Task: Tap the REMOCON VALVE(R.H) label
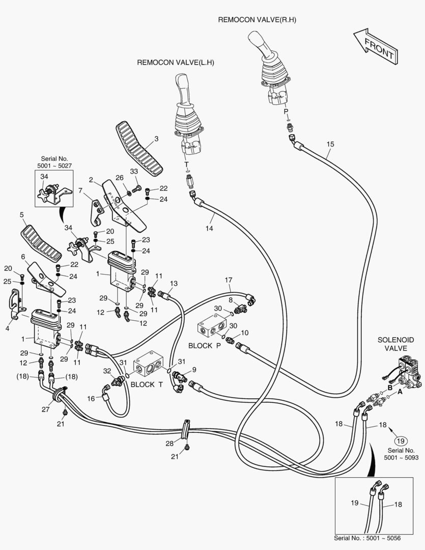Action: coord(257,20)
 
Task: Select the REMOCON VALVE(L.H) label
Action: coord(176,63)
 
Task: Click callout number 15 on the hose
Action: coord(330,144)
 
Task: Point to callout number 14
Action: coord(209,229)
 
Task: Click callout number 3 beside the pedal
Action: coord(156,139)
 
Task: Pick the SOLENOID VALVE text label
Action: coord(395,344)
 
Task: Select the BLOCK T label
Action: coord(147,384)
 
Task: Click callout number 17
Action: coord(229,280)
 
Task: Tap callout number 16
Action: coord(91,399)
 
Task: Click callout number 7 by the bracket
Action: coord(80,190)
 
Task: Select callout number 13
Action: coord(174,283)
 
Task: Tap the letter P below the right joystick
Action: coord(286,111)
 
